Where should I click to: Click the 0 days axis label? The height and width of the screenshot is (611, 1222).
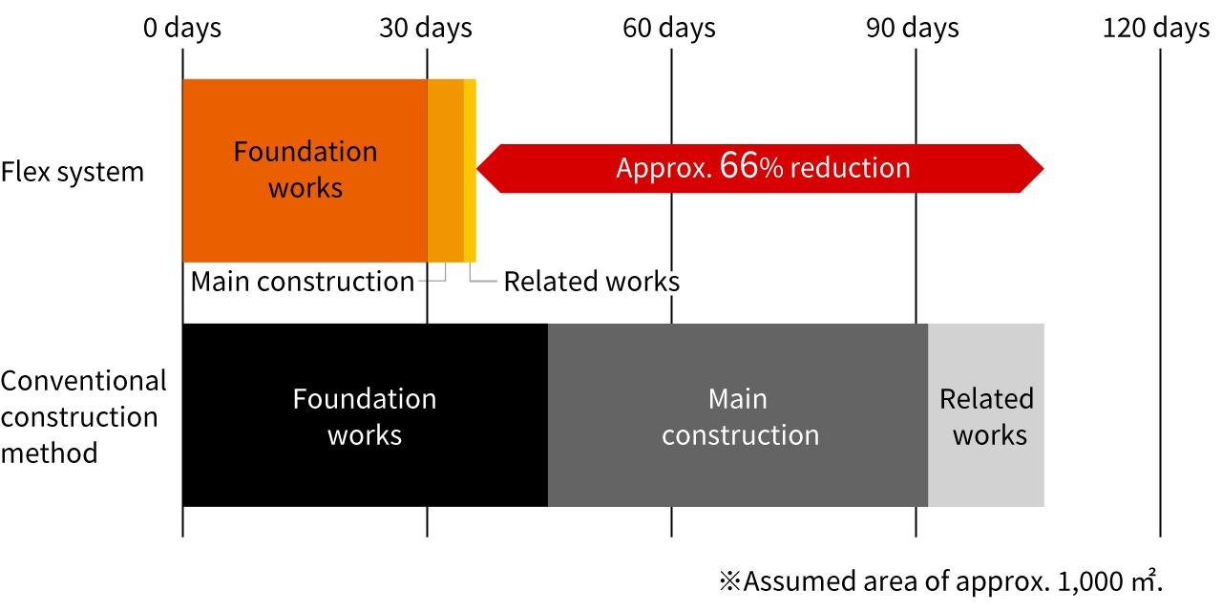click(182, 28)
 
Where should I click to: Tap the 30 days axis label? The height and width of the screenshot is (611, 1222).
click(426, 28)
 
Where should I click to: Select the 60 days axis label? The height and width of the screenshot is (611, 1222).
click(669, 28)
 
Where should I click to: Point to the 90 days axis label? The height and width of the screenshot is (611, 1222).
click(913, 28)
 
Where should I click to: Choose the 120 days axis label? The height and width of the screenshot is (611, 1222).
click(1156, 28)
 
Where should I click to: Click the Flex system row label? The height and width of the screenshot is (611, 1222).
click(73, 172)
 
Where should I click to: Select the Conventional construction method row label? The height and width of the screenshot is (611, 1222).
click(83, 417)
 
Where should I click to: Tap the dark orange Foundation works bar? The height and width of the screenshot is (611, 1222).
click(305, 171)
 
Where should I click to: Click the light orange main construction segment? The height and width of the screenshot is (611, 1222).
click(446, 171)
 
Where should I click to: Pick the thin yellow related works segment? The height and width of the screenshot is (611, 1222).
click(471, 171)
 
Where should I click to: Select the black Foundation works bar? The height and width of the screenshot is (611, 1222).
click(365, 415)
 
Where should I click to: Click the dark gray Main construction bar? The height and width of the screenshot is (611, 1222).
click(738, 415)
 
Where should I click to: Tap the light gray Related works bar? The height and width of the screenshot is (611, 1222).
click(986, 415)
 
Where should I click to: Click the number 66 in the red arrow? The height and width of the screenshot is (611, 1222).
click(739, 165)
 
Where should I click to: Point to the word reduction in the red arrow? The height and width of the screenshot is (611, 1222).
click(851, 167)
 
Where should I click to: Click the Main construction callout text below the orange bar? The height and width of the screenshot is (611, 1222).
click(303, 282)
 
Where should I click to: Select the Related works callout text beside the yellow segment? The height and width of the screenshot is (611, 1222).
click(592, 282)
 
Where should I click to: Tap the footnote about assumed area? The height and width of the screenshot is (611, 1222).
click(941, 581)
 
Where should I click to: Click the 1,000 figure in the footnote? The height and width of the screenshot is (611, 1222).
click(1089, 582)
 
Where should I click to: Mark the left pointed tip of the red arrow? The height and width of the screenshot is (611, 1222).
click(477, 169)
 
